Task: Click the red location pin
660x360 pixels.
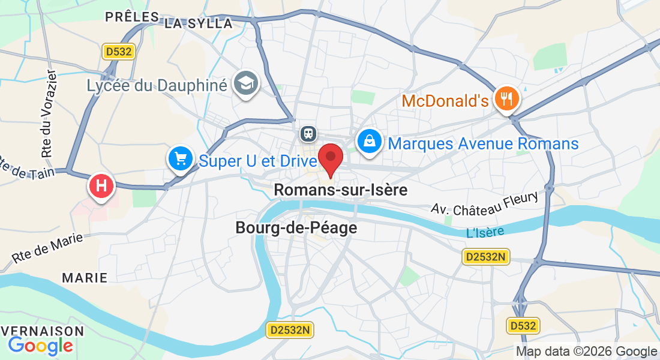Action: tap(330, 157)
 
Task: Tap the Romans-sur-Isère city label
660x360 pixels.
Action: tap(340, 190)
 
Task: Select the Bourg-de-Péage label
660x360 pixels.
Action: tap(296, 228)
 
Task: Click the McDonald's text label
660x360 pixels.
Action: tap(445, 101)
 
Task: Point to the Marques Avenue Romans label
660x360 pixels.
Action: tap(483, 144)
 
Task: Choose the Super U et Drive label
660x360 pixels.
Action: tap(257, 161)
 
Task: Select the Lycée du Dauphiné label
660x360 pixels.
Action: tap(157, 85)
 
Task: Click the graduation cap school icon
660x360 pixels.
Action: tap(246, 83)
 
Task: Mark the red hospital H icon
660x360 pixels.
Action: tap(101, 186)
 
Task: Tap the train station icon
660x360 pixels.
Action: tap(308, 132)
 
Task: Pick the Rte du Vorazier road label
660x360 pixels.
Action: tap(50, 114)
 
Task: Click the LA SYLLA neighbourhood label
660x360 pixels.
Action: tap(198, 23)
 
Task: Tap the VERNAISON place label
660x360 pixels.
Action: tap(42, 331)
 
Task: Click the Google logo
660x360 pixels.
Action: tap(40, 346)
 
